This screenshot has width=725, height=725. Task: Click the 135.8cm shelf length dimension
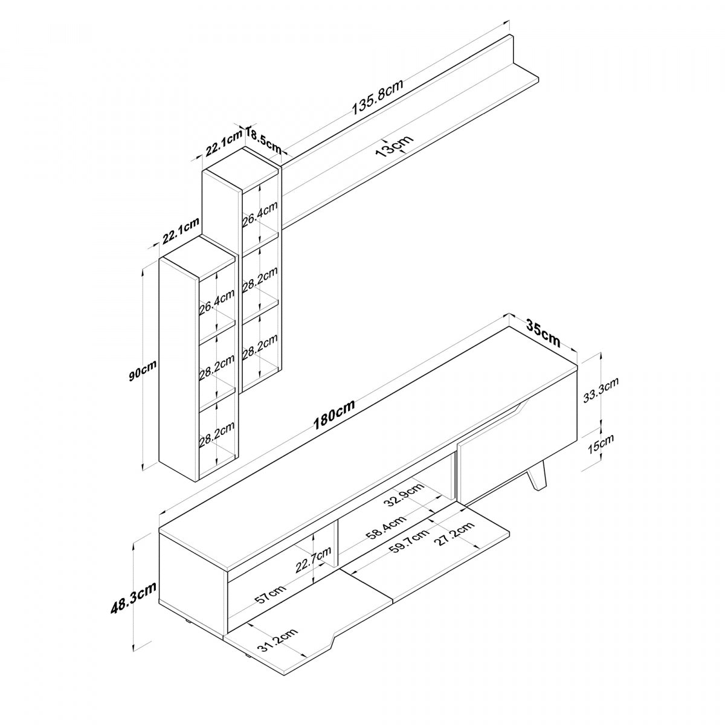(x=378, y=97)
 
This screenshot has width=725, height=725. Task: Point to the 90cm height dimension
(x=143, y=370)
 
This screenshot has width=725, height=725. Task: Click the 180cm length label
(x=335, y=414)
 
